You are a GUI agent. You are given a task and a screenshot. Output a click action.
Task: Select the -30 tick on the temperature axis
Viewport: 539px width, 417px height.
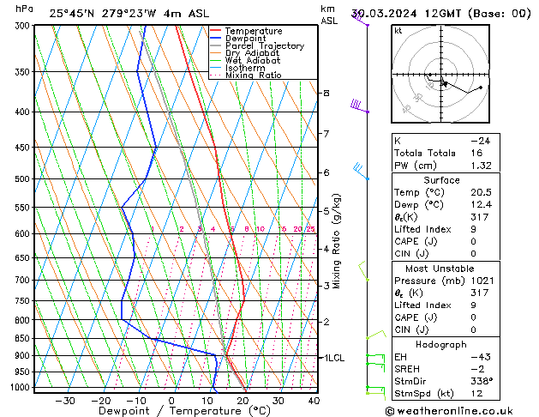pos(65,401)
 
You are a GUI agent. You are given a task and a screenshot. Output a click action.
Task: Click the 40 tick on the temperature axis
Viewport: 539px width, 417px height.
pos(314,401)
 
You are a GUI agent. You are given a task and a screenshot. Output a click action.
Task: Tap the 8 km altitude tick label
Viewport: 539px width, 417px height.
pos(326,93)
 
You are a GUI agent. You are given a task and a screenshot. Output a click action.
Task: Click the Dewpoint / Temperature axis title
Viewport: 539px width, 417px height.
pos(172,412)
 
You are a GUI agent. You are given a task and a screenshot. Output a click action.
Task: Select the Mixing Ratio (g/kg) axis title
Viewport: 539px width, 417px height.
pos(338,241)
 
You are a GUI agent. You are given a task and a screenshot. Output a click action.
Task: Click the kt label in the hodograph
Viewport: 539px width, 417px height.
pos(398,31)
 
